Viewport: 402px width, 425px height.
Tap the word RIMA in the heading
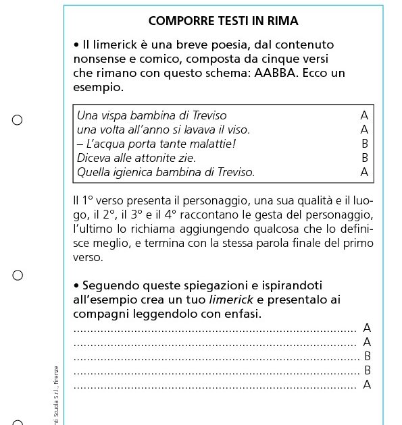[x=280, y=21]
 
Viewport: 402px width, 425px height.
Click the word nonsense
[x=100, y=59]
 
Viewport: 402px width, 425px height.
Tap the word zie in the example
[x=186, y=158]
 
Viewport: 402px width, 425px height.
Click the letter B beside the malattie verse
[x=365, y=144]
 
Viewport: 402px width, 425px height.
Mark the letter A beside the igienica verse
[x=365, y=172]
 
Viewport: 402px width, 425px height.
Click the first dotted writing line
[x=215, y=331]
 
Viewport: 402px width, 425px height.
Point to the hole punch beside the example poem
[x=18, y=120]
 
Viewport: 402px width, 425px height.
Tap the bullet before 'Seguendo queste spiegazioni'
[x=76, y=285]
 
